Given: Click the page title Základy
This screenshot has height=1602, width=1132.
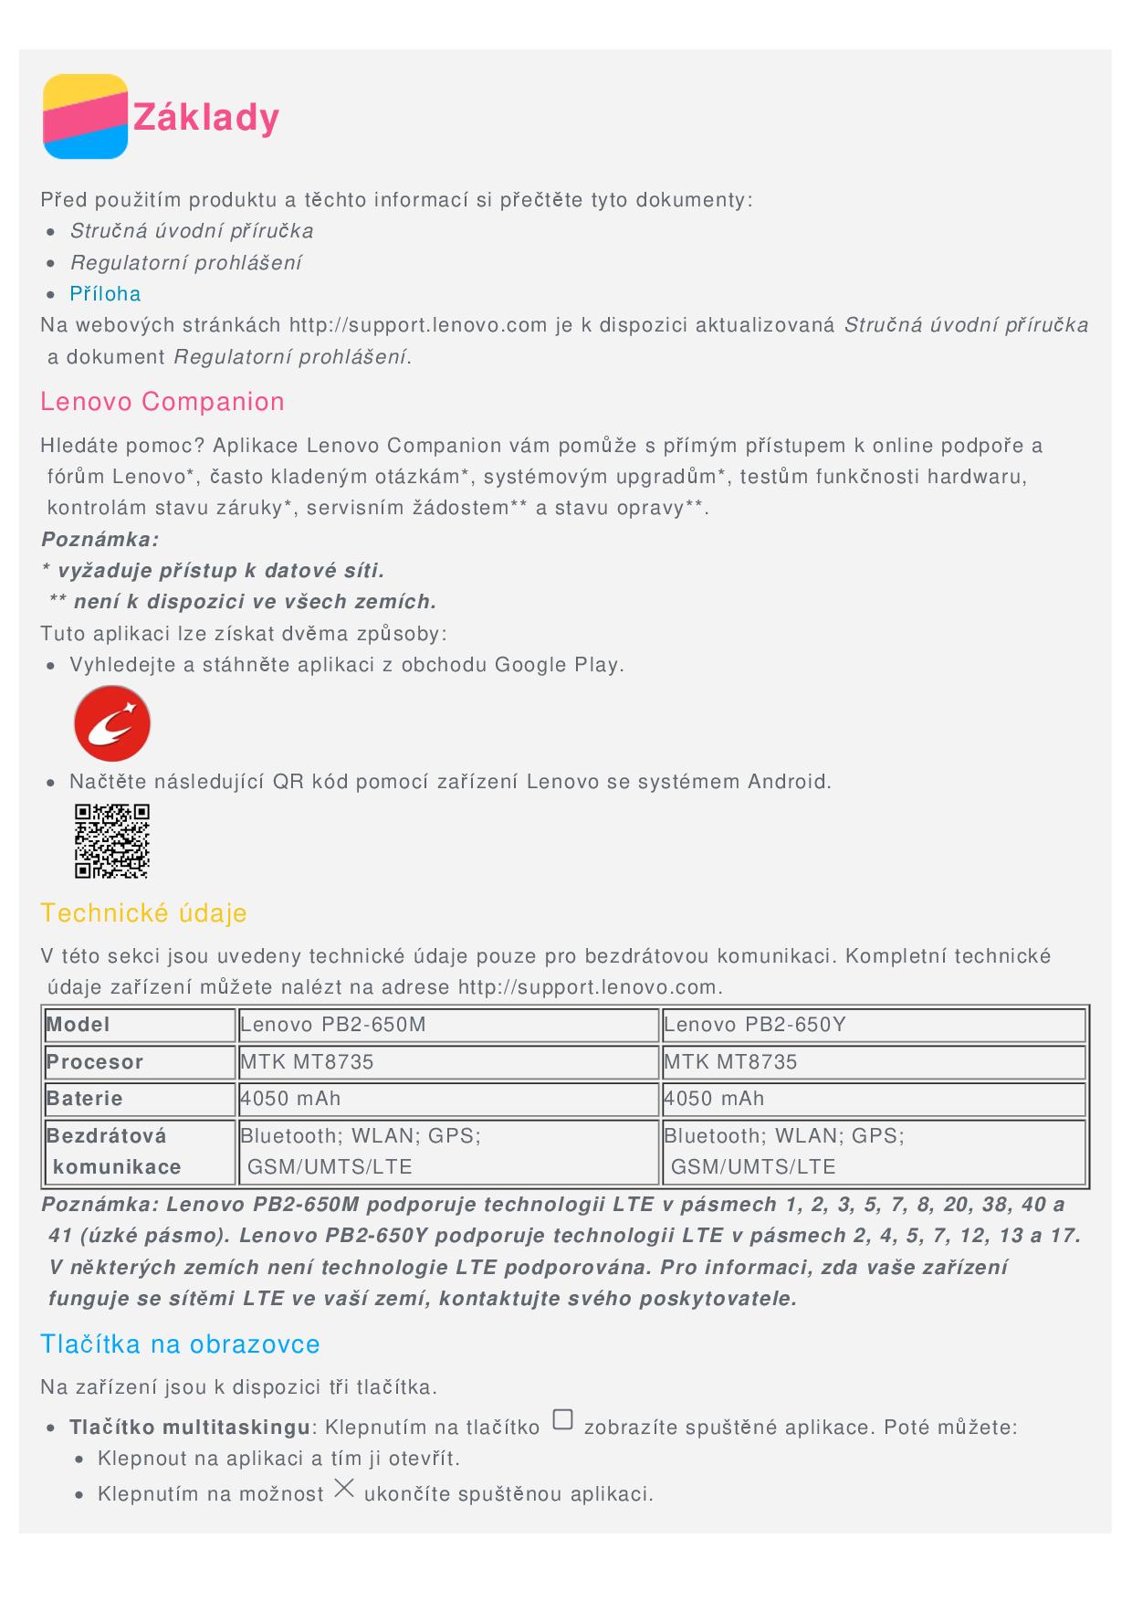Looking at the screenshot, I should tap(206, 118).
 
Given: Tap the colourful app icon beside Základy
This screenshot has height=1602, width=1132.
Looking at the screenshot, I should tap(85, 116).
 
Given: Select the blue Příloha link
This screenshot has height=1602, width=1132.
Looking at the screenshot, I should tap(105, 294).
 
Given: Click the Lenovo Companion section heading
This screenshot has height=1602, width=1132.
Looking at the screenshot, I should tap(162, 402).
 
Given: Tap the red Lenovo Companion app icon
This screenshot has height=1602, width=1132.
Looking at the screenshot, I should tap(112, 723).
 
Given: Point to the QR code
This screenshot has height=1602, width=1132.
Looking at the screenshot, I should tap(111, 841).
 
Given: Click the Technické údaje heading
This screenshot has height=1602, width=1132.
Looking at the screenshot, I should tap(143, 913).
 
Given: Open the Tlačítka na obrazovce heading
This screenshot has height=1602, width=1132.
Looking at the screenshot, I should tap(180, 1344).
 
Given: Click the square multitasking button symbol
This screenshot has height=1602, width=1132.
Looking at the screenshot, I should tap(563, 1420).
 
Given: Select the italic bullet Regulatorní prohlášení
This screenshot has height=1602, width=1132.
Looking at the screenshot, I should tap(185, 263).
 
